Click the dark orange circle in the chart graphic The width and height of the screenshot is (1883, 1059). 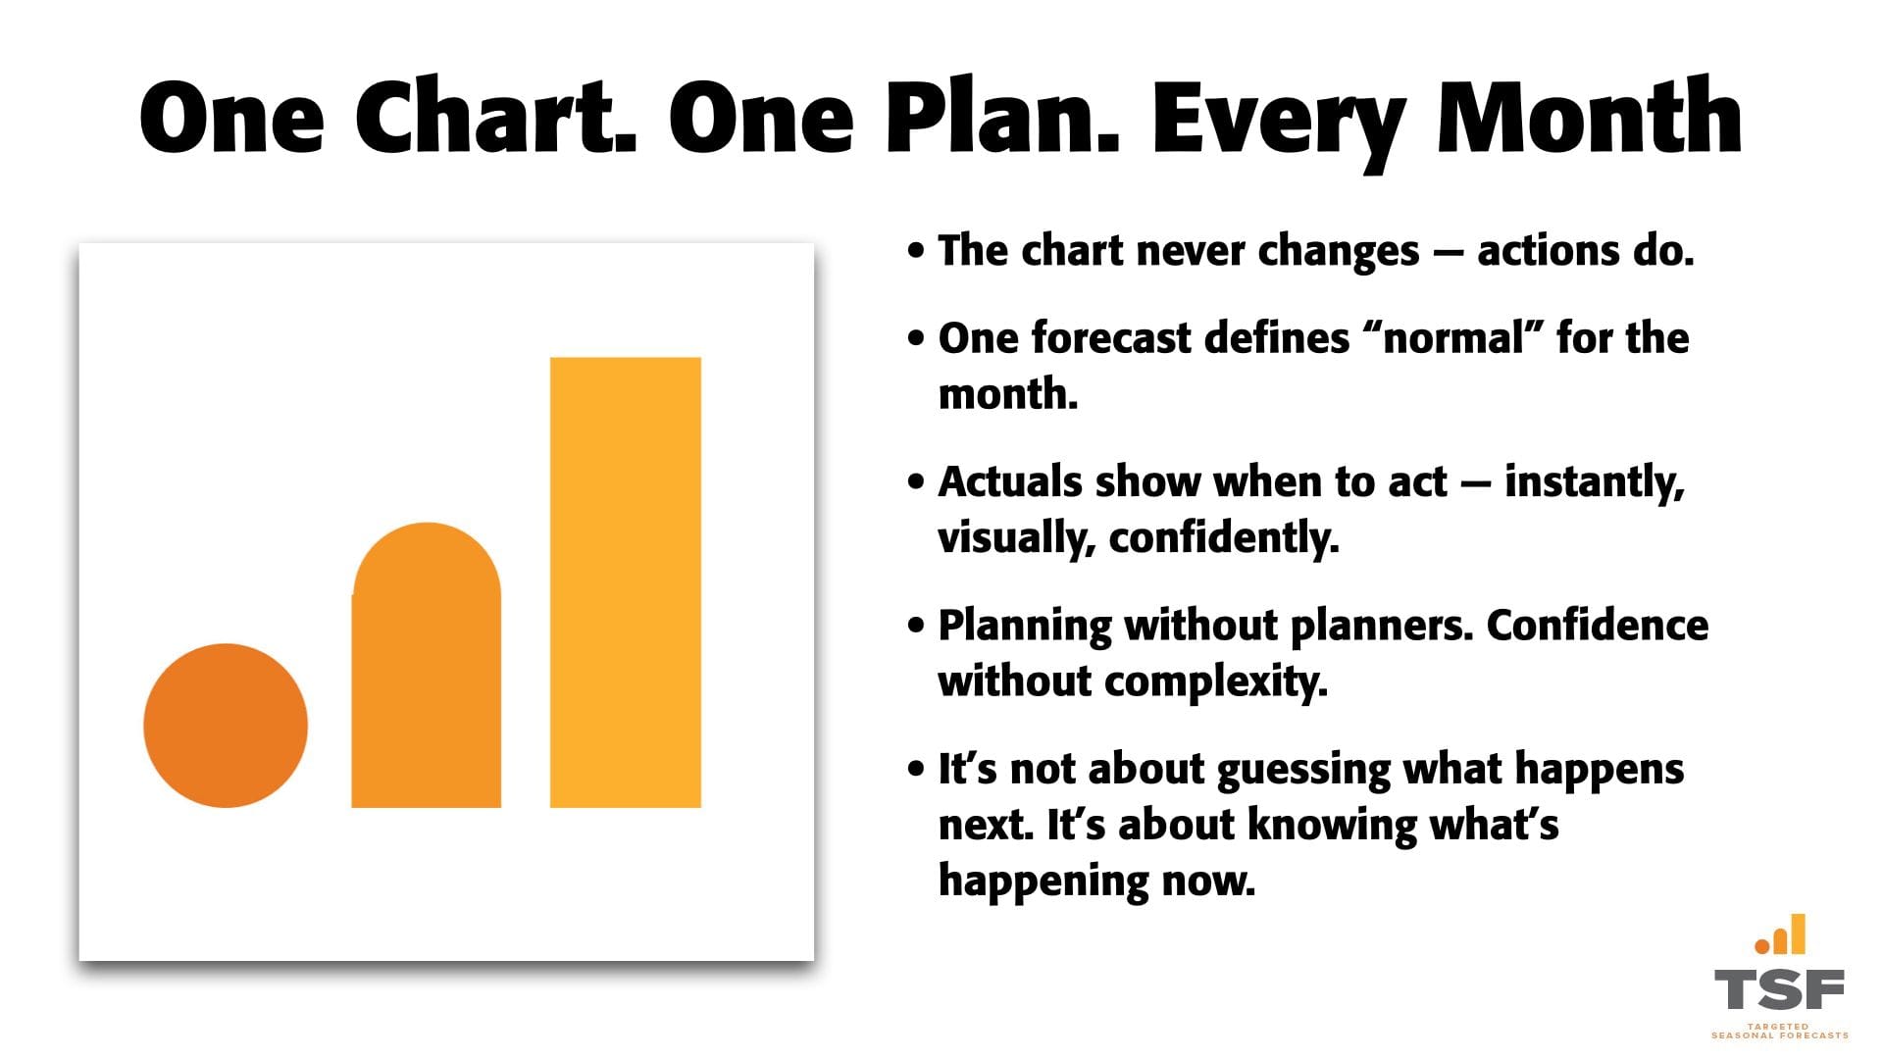(x=226, y=726)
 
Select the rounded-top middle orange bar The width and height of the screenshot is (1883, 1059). (x=427, y=666)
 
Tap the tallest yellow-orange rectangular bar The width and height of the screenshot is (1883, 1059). (x=626, y=582)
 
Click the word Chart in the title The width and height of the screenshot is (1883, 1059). (x=495, y=117)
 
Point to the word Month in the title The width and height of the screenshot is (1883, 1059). (x=1590, y=117)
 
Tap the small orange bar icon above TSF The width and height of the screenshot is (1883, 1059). (x=1780, y=934)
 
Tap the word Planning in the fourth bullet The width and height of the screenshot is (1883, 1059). (x=1025, y=627)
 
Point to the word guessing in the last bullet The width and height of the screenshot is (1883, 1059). (x=1303, y=771)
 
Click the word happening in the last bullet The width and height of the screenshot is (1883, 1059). (x=1043, y=881)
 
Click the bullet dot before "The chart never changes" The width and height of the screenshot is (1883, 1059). (x=916, y=251)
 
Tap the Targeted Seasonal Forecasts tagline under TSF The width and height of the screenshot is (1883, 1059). (x=1779, y=1031)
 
